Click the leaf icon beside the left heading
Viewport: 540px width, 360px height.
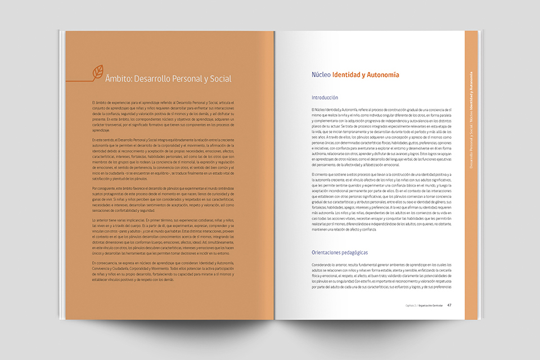tap(97, 72)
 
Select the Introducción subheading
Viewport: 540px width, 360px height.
tap(325, 97)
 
